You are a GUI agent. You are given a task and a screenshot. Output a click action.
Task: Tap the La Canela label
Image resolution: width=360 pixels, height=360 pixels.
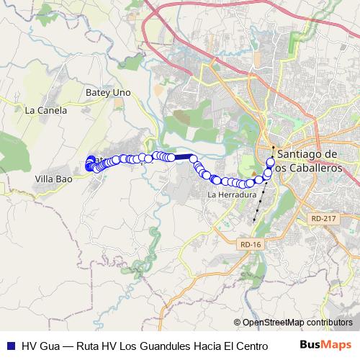click(x=46, y=111)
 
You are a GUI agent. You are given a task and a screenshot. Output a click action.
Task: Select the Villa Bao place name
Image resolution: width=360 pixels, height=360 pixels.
click(x=53, y=177)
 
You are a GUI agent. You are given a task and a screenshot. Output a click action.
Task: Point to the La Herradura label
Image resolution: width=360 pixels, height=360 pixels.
click(x=232, y=194)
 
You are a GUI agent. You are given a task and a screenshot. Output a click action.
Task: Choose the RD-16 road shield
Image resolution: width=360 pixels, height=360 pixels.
click(x=251, y=245)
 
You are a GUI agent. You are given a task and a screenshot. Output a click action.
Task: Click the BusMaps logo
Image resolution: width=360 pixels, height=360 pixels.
click(x=326, y=346)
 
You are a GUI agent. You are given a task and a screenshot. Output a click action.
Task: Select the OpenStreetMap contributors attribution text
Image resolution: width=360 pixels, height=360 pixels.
click(x=297, y=323)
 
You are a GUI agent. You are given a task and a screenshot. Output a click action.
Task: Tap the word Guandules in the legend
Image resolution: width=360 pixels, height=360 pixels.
click(x=163, y=346)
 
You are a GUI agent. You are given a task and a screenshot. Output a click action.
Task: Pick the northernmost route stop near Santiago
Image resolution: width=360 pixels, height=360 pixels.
click(x=272, y=161)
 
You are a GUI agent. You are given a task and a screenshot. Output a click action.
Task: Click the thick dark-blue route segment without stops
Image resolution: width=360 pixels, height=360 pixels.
click(x=181, y=156)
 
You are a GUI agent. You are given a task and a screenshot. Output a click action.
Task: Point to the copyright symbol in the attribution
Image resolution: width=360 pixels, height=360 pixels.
click(x=237, y=323)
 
